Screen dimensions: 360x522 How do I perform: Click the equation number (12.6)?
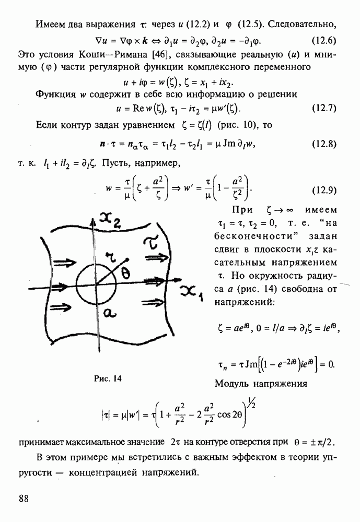tap(323, 41)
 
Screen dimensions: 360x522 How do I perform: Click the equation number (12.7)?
tap(324, 108)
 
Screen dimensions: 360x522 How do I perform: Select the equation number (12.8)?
tap(324, 144)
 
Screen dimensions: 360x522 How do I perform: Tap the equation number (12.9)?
tap(324, 190)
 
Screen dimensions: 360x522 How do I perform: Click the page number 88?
tap(24, 499)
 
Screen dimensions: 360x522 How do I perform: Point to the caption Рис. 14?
tap(108, 378)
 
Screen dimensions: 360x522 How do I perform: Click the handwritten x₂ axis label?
tap(110, 220)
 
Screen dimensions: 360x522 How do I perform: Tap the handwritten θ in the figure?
tap(126, 274)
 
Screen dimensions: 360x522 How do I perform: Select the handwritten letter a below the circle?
tap(109, 313)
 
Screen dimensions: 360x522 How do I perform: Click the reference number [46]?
tap(161, 54)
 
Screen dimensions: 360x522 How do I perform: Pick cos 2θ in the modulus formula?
tap(230, 415)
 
